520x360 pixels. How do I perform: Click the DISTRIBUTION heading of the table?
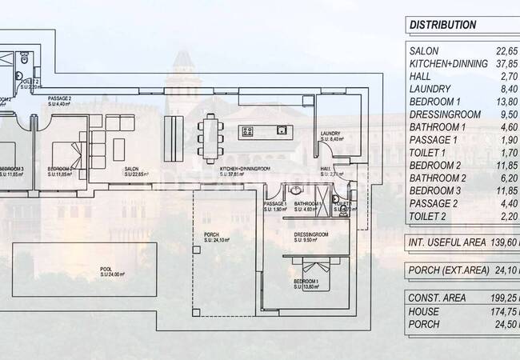pos(442,25)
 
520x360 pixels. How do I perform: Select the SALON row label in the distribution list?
pos(424,51)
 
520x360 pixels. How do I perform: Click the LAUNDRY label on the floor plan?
pos(330,134)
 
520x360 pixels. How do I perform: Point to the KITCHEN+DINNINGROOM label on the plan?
pos(243,170)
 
